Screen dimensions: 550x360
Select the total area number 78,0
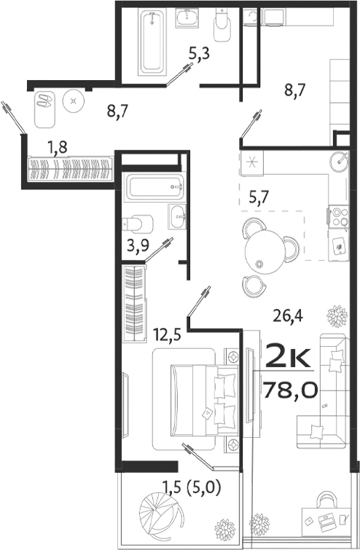(x=290, y=390)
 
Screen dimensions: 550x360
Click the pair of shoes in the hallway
(x=45, y=100)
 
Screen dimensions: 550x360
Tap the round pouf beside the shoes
(x=74, y=101)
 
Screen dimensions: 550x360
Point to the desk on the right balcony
(x=326, y=520)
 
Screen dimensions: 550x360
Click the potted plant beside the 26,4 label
(x=337, y=316)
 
